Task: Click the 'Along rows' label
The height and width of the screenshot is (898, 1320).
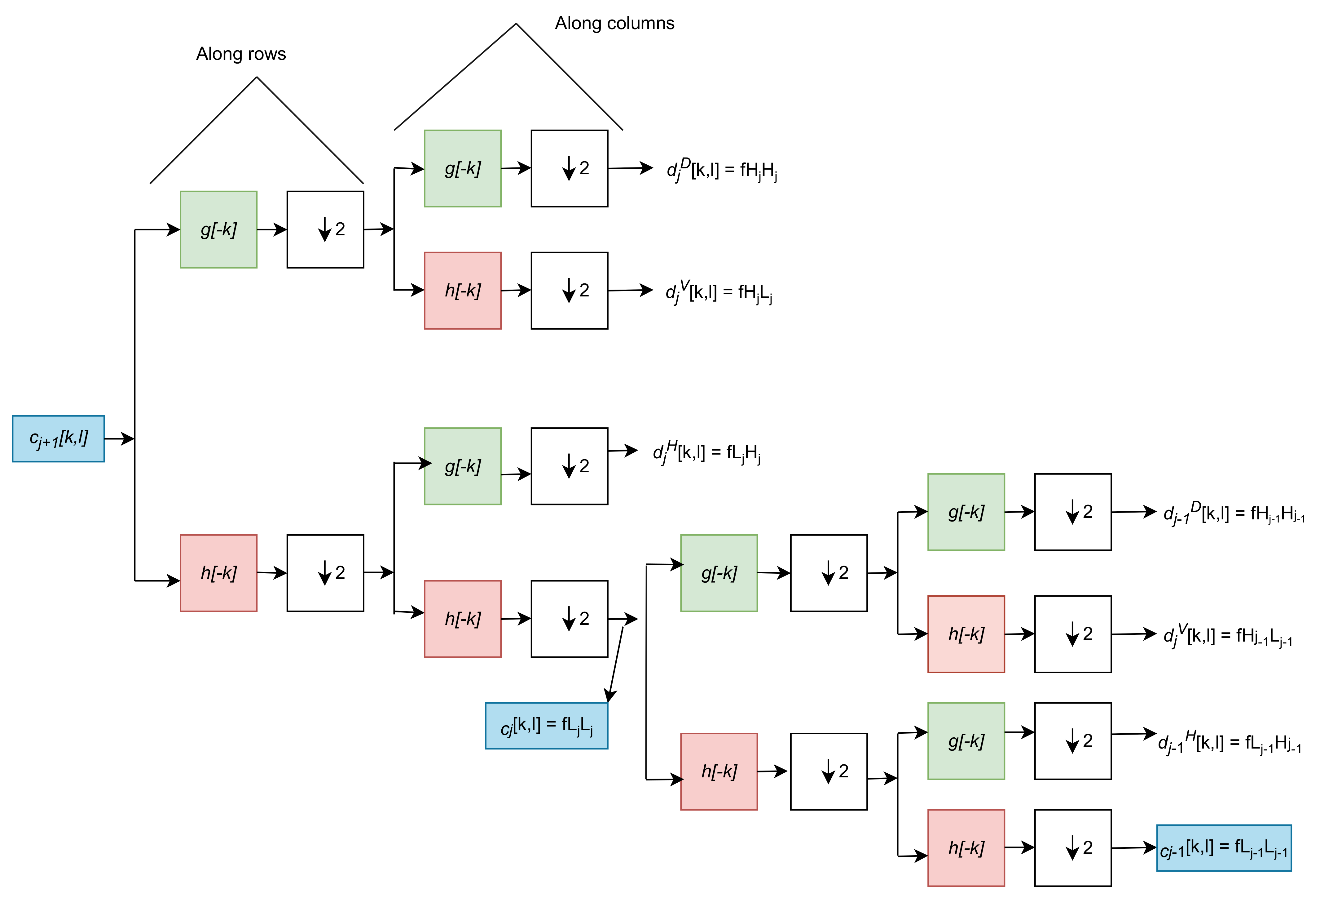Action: click(241, 54)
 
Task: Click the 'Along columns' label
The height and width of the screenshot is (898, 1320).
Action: click(614, 23)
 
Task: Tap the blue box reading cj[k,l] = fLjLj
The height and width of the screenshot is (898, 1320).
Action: click(546, 726)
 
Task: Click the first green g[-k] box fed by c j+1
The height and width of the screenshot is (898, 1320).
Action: click(219, 229)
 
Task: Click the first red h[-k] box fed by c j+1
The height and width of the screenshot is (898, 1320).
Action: click(219, 573)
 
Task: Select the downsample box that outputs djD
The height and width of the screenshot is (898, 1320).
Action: click(569, 169)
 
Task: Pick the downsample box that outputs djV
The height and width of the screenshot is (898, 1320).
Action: click(569, 291)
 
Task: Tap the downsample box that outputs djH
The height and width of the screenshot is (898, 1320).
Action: click(569, 466)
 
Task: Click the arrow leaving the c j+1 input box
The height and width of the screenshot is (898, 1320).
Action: click(119, 439)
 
